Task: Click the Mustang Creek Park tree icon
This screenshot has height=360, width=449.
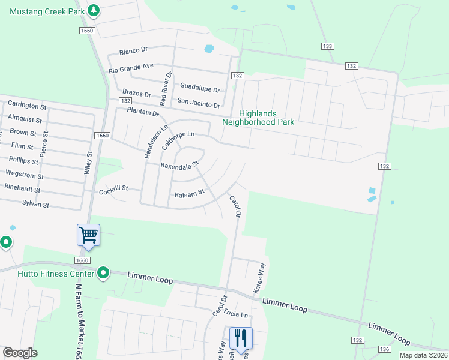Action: point(94,10)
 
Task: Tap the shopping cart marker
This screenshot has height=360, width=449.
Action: point(88,235)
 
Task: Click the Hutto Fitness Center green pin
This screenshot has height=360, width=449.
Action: point(103,274)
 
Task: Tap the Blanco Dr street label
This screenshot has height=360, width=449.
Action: point(133,51)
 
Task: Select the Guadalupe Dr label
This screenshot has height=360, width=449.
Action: point(200,88)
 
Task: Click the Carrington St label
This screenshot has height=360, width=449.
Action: point(27,106)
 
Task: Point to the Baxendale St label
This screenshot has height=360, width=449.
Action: point(179,164)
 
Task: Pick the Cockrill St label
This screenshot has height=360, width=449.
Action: point(113,188)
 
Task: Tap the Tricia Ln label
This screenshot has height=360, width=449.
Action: point(236,314)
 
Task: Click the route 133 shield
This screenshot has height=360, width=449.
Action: point(327,46)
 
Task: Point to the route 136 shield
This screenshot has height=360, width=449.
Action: point(385,349)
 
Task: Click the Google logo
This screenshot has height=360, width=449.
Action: point(20,353)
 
